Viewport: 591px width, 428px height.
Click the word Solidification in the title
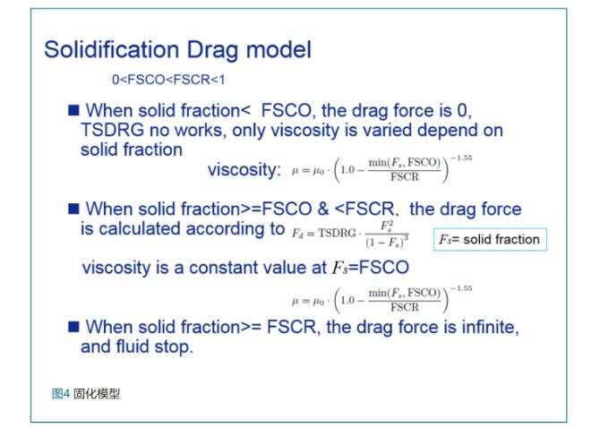point(112,49)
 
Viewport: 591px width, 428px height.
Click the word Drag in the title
point(212,51)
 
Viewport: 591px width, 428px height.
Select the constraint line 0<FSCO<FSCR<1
point(168,80)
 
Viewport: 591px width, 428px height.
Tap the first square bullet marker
point(73,110)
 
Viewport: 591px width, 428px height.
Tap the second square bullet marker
point(73,209)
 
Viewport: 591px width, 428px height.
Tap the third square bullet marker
point(73,327)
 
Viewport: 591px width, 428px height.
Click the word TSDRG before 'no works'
point(112,130)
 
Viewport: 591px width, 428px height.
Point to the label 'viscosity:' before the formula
point(244,169)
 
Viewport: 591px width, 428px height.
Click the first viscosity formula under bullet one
point(381,169)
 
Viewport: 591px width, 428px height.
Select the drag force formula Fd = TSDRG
point(350,235)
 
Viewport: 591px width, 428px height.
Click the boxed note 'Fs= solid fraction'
point(490,239)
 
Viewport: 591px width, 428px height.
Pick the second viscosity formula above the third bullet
point(381,300)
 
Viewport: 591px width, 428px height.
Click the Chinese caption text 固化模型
point(97,394)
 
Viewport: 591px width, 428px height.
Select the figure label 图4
point(61,394)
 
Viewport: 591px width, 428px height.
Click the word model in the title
point(278,49)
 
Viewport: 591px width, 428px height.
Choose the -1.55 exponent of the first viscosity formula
point(462,158)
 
